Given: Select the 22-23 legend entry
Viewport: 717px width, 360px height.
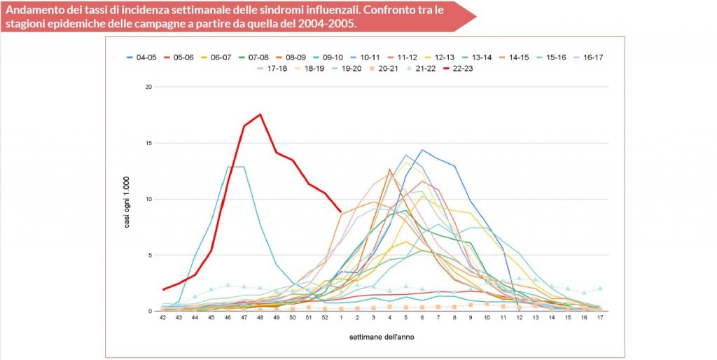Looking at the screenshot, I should tap(461, 68).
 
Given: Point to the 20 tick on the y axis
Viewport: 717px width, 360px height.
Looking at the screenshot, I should tap(148, 88).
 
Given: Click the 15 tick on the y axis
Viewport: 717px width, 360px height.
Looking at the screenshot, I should tap(148, 144).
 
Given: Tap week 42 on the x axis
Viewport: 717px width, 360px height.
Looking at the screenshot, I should tap(162, 318).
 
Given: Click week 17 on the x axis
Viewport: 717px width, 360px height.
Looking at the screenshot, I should tap(600, 318).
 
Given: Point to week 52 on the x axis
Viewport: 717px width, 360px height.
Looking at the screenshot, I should tap(324, 318).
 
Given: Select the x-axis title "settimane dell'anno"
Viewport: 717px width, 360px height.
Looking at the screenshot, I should tap(382, 338).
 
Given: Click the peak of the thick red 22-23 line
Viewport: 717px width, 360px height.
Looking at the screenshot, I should tap(260, 114).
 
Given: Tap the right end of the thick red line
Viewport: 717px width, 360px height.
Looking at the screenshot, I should tap(341, 212).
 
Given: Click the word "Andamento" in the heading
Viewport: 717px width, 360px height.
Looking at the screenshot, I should tap(36, 10).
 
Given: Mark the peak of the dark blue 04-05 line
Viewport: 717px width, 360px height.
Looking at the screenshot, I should tap(422, 149).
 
